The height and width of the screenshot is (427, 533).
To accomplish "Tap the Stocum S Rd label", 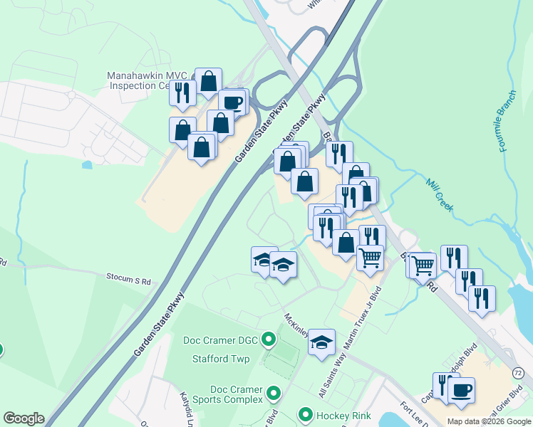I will [129, 280].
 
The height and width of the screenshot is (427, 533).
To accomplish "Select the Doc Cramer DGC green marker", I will [269, 339].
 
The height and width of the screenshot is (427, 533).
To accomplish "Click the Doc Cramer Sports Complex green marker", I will [271, 393].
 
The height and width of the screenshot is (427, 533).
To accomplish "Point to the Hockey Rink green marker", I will [306, 413].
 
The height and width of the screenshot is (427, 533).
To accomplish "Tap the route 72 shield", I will [519, 373].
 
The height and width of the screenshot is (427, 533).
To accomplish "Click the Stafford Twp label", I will [221, 359].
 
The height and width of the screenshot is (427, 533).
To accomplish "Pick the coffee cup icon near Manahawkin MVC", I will [232, 102].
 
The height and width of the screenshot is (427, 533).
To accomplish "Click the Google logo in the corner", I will [24, 418].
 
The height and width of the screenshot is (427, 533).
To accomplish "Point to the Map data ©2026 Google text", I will [489, 421].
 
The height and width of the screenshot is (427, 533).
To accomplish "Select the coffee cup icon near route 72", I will [462, 389].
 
